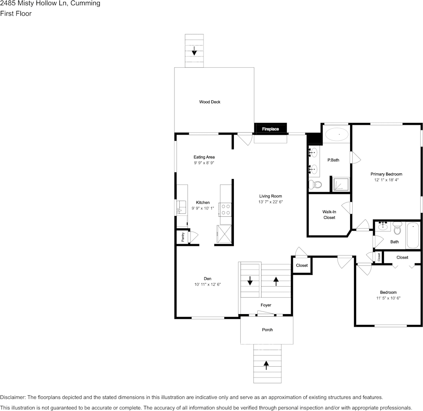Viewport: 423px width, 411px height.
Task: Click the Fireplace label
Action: coord(270,129)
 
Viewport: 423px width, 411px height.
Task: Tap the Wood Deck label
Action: coord(210,102)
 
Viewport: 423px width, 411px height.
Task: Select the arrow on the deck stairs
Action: coord(194,51)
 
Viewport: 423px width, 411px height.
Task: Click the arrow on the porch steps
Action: coord(266,365)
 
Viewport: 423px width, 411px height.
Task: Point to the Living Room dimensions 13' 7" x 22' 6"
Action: coord(271,202)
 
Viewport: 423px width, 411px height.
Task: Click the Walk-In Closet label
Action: coord(329,215)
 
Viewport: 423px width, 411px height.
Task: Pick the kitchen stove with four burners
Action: coord(226,209)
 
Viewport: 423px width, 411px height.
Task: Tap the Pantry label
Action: coord(183,237)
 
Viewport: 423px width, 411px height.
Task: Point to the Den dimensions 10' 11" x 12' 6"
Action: coord(207,285)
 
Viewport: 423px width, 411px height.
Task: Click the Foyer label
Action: coord(266,305)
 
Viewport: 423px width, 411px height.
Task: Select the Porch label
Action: coord(267,330)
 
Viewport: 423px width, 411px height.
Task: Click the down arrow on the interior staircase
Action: coord(250,280)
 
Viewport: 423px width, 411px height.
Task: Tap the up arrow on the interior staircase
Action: coord(276,280)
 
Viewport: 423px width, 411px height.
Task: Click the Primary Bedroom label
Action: coord(386,174)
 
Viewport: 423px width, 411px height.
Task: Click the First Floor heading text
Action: coord(16,13)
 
